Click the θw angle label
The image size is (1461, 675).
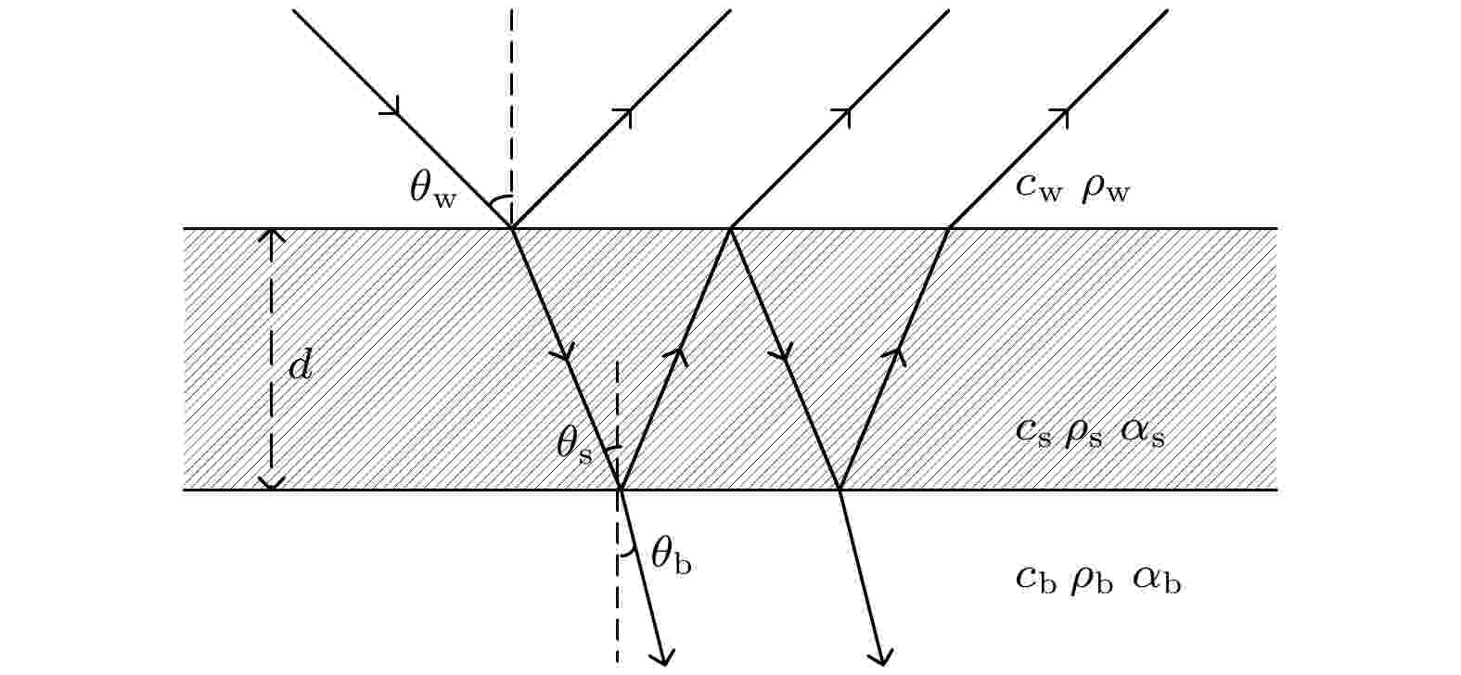click(433, 190)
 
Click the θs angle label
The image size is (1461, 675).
click(574, 446)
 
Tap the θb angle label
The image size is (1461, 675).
click(672, 557)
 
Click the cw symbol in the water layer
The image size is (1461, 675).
click(1039, 188)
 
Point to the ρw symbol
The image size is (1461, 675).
click(1106, 191)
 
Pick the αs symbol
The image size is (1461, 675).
click(1143, 434)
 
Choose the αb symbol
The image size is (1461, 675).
click(1157, 579)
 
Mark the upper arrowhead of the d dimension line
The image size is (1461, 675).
click(272, 236)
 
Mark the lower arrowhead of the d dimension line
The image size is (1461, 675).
click(272, 483)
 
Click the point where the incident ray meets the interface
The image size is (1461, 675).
click(512, 229)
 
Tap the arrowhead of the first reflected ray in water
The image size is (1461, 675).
click(625, 116)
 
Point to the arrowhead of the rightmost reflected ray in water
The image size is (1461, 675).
click(1061, 116)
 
